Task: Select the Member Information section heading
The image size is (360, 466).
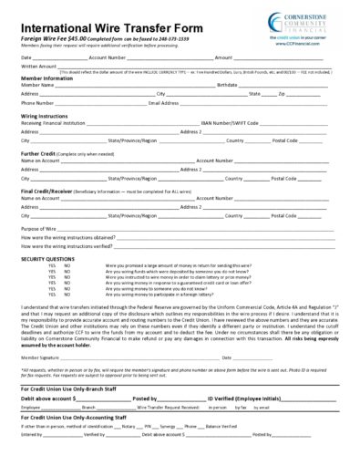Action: click(46, 78)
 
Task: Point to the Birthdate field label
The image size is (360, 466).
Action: click(231, 86)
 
